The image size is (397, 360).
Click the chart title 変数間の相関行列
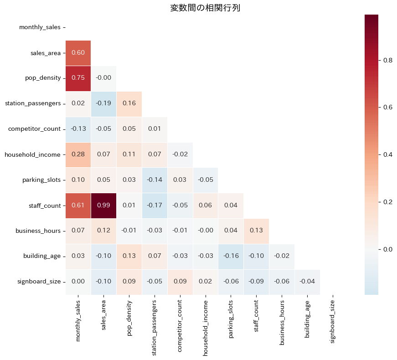click(x=205, y=8)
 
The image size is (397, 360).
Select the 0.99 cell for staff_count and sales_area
click(x=103, y=206)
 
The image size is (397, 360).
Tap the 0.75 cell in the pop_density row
click(x=78, y=78)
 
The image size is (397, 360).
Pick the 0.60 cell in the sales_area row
click(x=78, y=52)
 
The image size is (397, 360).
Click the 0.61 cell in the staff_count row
click(x=78, y=206)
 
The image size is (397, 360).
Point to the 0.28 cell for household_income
click(x=78, y=154)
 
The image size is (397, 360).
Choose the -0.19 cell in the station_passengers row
click(x=103, y=103)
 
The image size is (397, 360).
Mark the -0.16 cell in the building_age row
click(x=231, y=257)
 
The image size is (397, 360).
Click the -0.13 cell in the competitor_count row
click(x=78, y=129)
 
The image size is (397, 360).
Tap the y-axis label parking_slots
click(x=41, y=180)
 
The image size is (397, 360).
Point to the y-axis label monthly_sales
click(x=40, y=27)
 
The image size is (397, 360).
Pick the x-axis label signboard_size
click(x=333, y=321)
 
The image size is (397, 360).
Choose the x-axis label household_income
click(x=206, y=324)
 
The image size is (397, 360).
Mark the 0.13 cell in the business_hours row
click(x=257, y=231)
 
